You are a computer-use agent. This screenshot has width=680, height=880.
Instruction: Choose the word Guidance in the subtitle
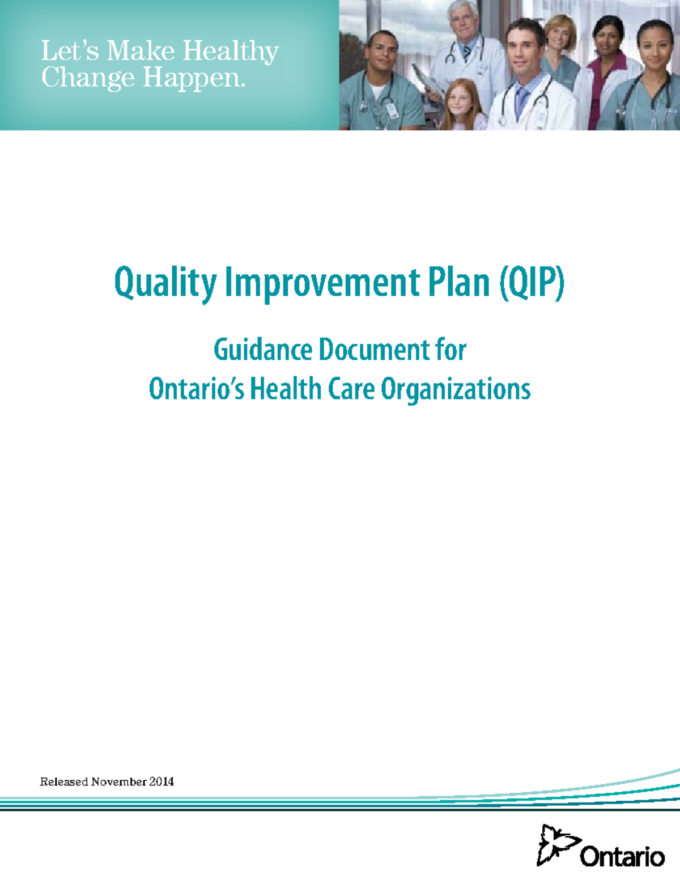pos(262,350)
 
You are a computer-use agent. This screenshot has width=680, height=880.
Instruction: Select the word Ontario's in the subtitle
pos(196,389)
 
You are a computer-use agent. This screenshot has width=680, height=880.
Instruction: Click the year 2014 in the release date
pos(161,782)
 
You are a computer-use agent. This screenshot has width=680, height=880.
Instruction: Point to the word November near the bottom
pos(118,782)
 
